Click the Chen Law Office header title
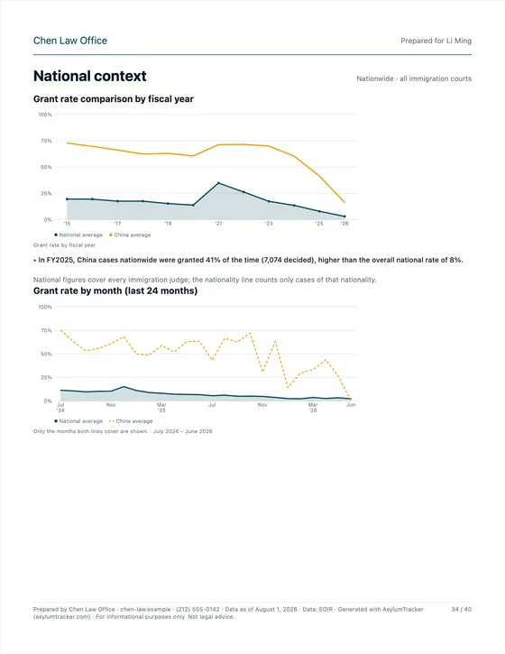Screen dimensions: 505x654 (70, 41)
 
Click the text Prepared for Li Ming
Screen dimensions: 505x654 (436, 41)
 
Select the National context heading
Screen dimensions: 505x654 (89, 76)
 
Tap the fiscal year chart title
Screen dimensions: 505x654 (114, 99)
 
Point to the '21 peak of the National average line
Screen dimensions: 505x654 (218, 183)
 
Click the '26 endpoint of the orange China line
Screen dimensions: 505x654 (344, 202)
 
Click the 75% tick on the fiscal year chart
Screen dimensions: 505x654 (46, 141)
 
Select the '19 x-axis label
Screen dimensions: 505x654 (168, 224)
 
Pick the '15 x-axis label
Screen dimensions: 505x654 (67, 224)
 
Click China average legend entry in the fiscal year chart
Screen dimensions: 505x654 (130, 235)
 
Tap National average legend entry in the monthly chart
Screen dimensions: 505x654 (78, 421)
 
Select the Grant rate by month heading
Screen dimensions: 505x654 (115, 290)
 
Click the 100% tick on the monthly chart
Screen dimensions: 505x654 (45, 307)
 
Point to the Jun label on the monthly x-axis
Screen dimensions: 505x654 (351, 405)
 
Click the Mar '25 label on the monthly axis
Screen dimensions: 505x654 (161, 408)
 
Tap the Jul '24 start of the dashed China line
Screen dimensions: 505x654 (61, 330)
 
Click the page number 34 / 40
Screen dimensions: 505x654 (461, 610)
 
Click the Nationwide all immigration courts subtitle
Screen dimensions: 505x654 (414, 78)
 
